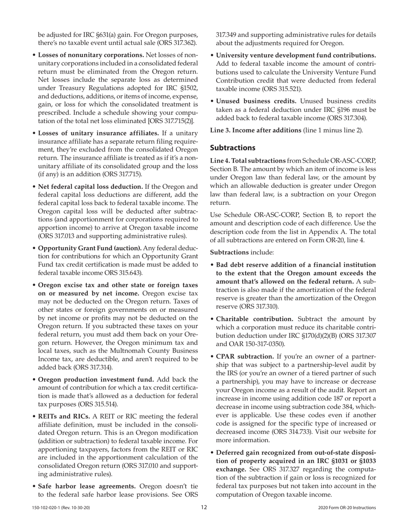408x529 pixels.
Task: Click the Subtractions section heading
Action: pyautogui.click(x=232, y=148)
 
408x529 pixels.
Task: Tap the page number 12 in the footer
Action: pyautogui.click(x=204, y=507)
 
